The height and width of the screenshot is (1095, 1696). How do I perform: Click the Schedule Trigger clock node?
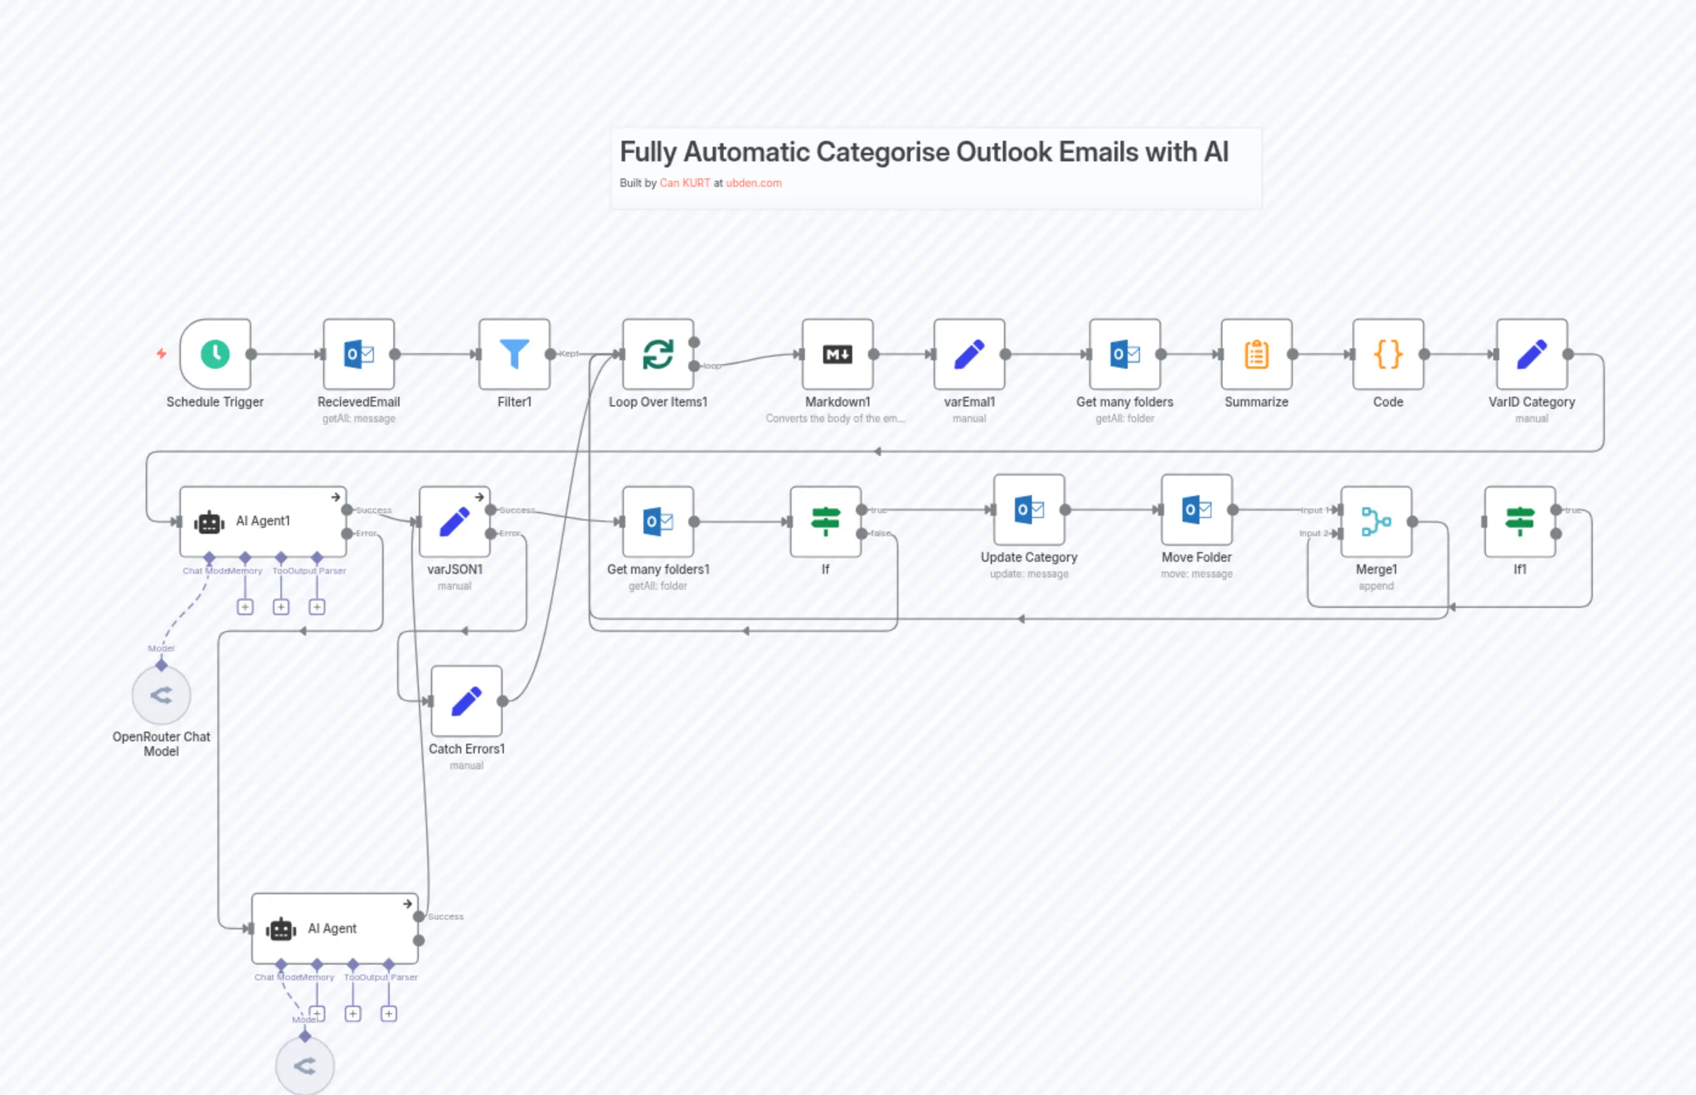tap(215, 354)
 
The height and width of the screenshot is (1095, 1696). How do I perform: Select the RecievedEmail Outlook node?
tap(359, 354)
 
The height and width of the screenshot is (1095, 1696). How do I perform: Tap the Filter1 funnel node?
tap(514, 354)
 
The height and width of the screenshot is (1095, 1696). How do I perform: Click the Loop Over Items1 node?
tap(657, 354)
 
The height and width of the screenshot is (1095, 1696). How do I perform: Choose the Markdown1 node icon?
tap(837, 354)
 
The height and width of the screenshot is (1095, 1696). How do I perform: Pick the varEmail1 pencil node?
tap(969, 354)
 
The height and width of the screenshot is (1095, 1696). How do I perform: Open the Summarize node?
tap(1257, 354)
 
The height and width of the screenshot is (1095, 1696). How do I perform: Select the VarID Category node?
tap(1531, 354)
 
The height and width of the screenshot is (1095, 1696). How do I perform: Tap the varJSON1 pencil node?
tap(454, 521)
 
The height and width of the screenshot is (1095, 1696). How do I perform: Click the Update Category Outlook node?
tap(1029, 509)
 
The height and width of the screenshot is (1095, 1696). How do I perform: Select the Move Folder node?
tap(1196, 509)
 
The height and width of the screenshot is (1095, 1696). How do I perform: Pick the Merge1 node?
tap(1376, 521)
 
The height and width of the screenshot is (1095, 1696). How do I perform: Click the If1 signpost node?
tap(1519, 521)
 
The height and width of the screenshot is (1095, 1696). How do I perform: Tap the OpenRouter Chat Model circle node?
tap(161, 695)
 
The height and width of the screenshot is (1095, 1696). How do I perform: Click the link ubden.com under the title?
tap(753, 183)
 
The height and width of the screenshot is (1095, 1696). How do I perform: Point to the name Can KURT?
tap(684, 183)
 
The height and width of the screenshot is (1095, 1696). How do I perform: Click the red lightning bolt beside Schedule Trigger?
tap(161, 354)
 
